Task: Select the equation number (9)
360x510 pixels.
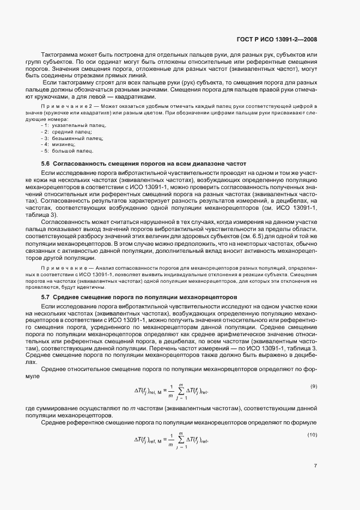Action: pyautogui.click(x=313, y=386)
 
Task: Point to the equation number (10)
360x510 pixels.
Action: pyautogui.click(x=312, y=434)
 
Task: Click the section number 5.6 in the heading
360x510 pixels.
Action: pyautogui.click(x=46, y=163)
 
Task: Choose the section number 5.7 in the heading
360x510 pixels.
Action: pyautogui.click(x=46, y=297)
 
